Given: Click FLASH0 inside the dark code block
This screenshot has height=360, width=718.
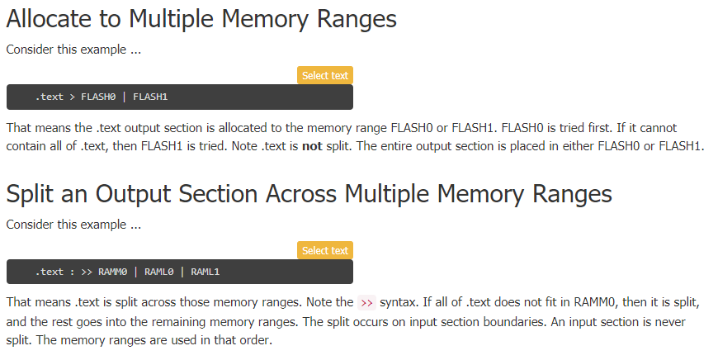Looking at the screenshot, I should [x=98, y=97].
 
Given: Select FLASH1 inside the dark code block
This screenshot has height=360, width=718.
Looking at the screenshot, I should [x=150, y=97].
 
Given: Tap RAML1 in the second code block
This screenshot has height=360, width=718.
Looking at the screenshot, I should [x=205, y=272].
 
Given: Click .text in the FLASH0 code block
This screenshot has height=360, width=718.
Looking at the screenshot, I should [x=49, y=97].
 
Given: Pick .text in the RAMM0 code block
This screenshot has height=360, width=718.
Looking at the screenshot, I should [x=49, y=272].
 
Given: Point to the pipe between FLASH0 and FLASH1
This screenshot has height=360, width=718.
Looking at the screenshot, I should [x=125, y=97].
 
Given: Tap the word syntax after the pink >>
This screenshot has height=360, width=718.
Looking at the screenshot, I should [x=399, y=302].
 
